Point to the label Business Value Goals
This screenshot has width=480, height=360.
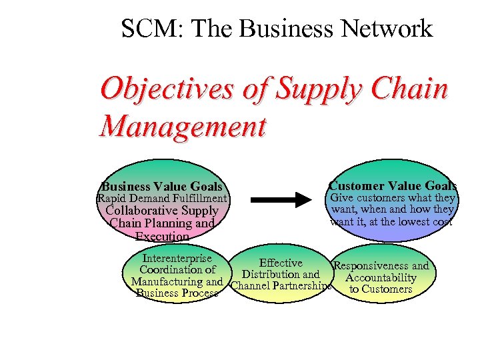click(x=162, y=187)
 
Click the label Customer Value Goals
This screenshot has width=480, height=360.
click(x=393, y=186)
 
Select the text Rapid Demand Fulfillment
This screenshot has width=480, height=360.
click(x=162, y=198)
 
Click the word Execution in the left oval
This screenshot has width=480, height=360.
click(x=162, y=236)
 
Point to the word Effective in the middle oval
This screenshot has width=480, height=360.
click(x=281, y=263)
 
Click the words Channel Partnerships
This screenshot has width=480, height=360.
click(x=281, y=287)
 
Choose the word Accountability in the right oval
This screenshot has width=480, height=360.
click(x=381, y=277)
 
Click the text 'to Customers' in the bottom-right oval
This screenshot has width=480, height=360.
click(x=381, y=289)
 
